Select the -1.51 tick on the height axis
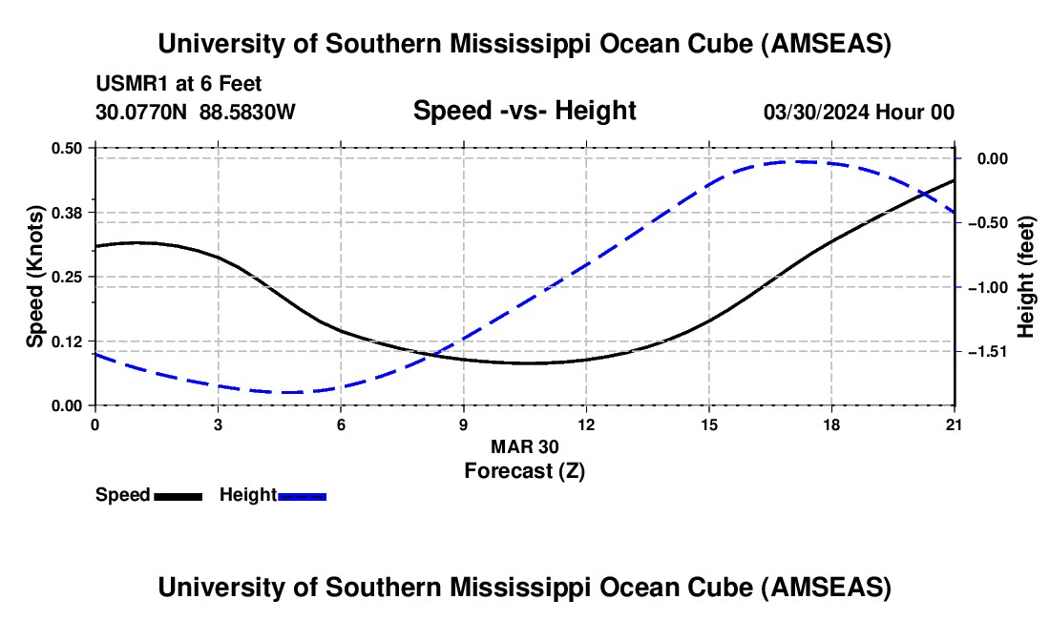(x=984, y=352)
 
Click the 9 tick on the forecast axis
(x=463, y=424)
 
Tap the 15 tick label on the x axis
(x=709, y=424)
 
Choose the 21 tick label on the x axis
(x=955, y=424)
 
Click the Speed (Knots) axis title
(x=35, y=277)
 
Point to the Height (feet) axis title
(x=1026, y=277)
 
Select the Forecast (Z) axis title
(x=524, y=470)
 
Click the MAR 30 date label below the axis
(x=524, y=446)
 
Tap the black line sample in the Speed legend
(x=178, y=496)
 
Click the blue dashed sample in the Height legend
(x=302, y=496)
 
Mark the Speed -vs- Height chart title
(x=524, y=111)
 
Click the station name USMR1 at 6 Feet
(x=178, y=85)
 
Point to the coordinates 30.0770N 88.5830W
(x=196, y=113)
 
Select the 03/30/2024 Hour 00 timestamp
(x=858, y=113)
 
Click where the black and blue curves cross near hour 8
(x=431, y=356)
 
